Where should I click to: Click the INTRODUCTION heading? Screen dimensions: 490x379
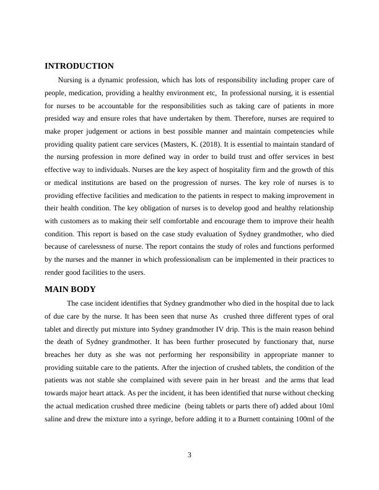pos(79,66)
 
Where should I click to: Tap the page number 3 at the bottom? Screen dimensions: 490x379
pos(189,455)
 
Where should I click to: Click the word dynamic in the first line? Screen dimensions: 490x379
pos(115,80)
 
